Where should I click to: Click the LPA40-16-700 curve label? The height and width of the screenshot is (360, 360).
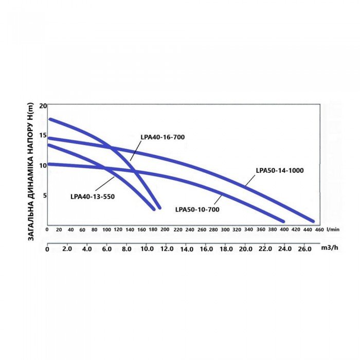click(x=162, y=137)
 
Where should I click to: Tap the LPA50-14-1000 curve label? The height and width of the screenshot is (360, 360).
click(x=280, y=170)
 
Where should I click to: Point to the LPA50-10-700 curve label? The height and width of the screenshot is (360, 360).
click(x=197, y=209)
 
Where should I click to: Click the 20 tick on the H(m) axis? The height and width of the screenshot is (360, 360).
click(x=43, y=105)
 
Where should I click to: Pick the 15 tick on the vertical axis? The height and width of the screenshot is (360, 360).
click(x=43, y=136)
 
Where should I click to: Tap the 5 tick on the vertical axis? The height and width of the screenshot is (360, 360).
click(x=44, y=195)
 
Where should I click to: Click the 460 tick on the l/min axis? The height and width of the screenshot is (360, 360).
click(x=319, y=230)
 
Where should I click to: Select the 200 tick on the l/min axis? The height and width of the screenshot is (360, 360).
click(x=165, y=230)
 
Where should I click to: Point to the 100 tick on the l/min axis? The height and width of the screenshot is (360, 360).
click(x=106, y=230)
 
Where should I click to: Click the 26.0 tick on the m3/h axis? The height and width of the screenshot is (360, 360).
click(x=304, y=249)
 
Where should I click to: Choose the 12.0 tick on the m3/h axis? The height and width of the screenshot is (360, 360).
click(x=167, y=249)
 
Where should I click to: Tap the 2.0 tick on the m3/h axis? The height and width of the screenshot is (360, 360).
click(x=67, y=249)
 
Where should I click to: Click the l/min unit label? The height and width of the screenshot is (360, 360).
click(x=333, y=230)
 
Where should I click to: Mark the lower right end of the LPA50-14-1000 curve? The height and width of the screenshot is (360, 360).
click(x=312, y=221)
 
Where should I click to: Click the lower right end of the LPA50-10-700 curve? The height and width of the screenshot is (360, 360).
click(x=282, y=221)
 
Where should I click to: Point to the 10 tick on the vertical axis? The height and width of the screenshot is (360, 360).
click(x=43, y=166)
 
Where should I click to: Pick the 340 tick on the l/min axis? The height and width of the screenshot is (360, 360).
click(x=248, y=230)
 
